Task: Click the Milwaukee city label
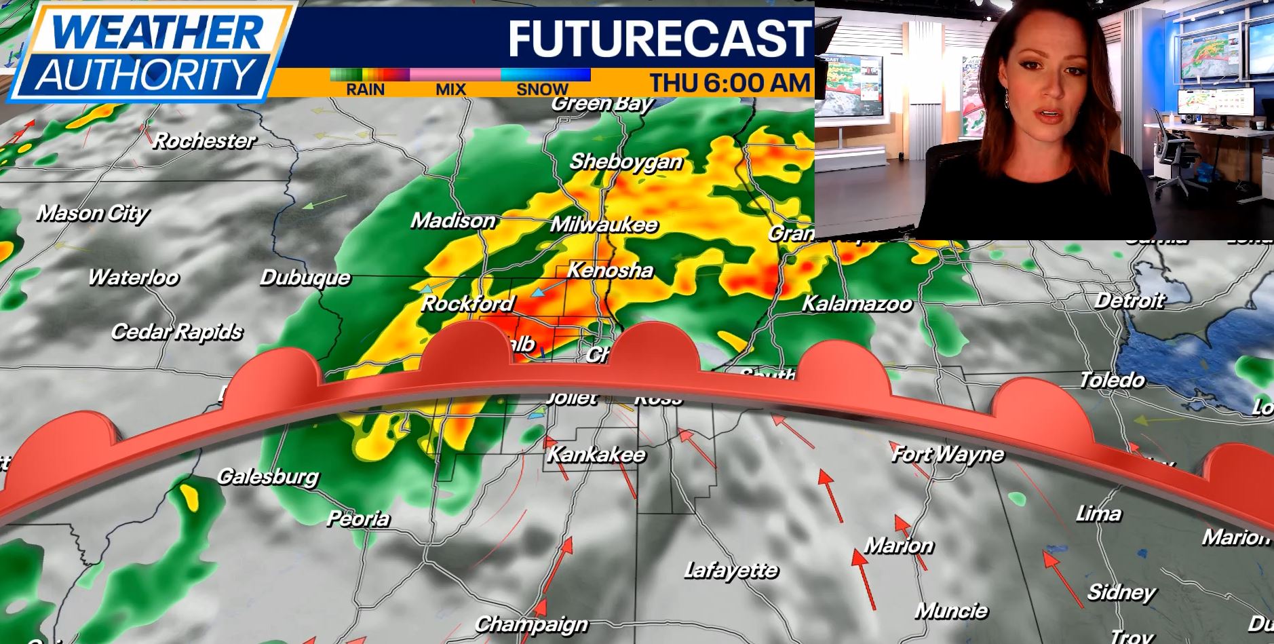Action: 604,225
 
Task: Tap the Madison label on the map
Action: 453,221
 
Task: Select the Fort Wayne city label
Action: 947,454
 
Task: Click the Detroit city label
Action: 1130,300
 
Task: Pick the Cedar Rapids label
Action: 176,332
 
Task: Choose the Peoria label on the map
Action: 358,518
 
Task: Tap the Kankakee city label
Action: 596,454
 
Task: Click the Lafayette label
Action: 731,571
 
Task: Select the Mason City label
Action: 92,213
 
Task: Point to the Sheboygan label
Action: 625,162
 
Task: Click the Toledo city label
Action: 1112,380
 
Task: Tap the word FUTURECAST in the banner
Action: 659,38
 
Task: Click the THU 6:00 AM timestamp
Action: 730,83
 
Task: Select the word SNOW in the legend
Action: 542,89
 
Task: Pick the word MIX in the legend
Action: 450,89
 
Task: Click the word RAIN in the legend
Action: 365,89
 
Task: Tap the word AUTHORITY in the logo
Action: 144,74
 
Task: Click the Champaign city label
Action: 531,624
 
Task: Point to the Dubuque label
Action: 305,278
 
